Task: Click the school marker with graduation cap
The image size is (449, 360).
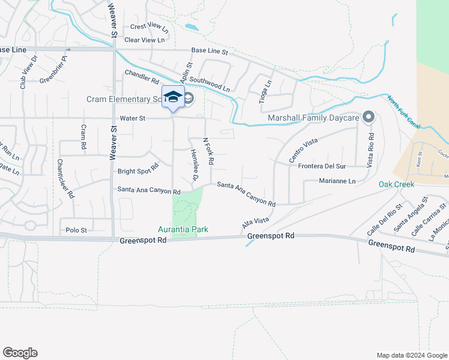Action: coord(173,97)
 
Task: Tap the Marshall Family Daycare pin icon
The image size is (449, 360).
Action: coord(368,116)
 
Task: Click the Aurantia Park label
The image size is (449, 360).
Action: coord(182,229)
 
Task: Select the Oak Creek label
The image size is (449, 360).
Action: coord(396,184)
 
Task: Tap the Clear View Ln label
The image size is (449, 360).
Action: coord(144,40)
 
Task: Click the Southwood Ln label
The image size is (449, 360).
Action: coord(210,84)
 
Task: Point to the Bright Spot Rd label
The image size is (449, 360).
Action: coord(138,169)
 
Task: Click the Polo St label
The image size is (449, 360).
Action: coord(76,230)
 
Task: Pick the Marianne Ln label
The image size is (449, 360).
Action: coord(337,181)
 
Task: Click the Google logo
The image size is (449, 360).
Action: coord(20,353)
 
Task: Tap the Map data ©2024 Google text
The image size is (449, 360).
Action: coord(411,355)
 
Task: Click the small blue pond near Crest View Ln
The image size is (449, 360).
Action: coord(191,27)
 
